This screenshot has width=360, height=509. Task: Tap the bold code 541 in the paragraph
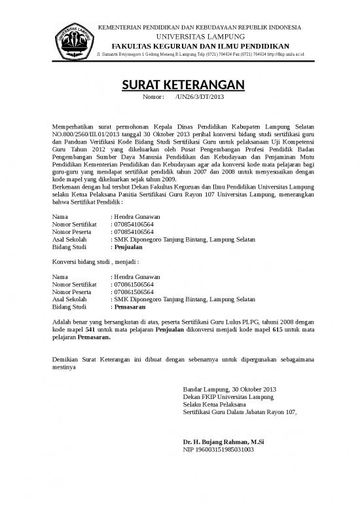point(91,331)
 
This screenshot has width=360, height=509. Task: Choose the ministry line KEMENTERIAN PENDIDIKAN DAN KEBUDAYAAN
point(200,27)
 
